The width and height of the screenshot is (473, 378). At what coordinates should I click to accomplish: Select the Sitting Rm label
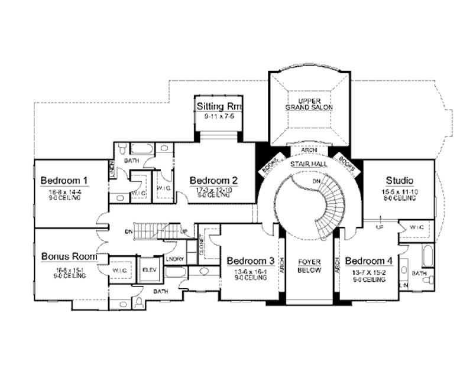click(x=219, y=106)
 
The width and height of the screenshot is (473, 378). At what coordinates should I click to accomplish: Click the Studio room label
click(x=399, y=180)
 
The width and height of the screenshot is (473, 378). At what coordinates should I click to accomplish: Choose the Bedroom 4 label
click(x=369, y=260)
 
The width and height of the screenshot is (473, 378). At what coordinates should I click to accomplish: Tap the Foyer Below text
click(x=309, y=265)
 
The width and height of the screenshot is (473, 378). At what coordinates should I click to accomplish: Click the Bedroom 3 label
click(x=250, y=260)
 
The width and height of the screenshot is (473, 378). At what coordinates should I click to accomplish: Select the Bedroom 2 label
click(x=213, y=180)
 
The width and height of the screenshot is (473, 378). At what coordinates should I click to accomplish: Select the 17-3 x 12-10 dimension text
click(x=213, y=189)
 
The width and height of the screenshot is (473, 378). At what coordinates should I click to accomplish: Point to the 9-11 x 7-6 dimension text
click(x=219, y=116)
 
